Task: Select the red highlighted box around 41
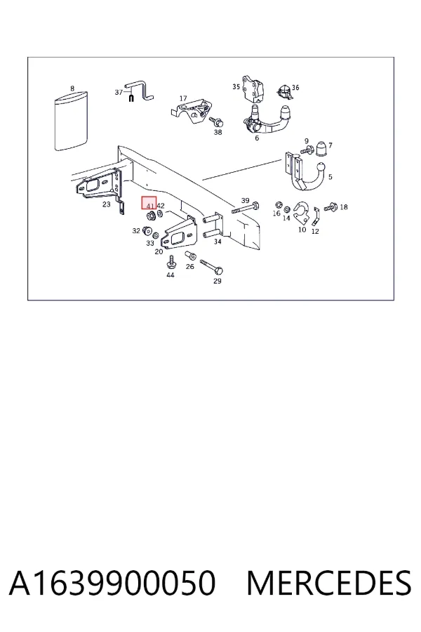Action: pos(149,203)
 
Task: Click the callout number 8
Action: pos(72,88)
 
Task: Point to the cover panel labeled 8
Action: pos(71,121)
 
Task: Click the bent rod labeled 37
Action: pos(139,91)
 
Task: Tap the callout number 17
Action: pos(183,98)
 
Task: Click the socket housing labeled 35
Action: pos(253,88)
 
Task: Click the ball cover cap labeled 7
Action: pos(323,149)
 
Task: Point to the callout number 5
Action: pos(330,176)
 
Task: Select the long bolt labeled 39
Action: pos(245,209)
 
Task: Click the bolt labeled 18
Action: pos(330,208)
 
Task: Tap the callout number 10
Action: pos(302,230)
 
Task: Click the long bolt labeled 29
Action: pos(211,266)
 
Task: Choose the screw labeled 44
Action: pos(171,262)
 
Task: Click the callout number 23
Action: pos(107,204)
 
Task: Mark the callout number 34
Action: pos(218,242)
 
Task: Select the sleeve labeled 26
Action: pos(189,256)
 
